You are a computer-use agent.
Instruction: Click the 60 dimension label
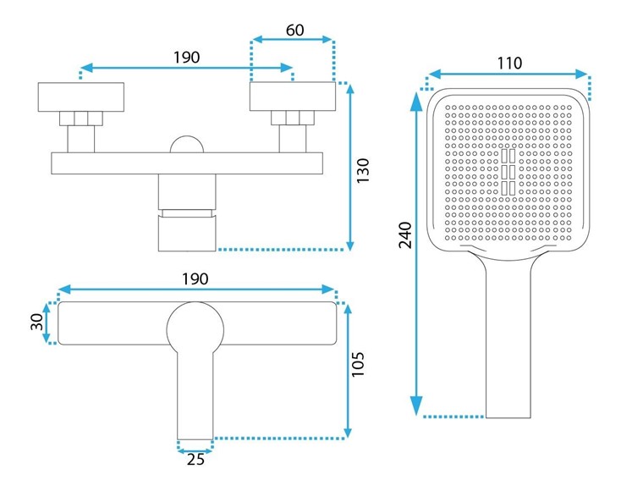tap(294, 30)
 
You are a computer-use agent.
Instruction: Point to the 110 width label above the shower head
tap(509, 62)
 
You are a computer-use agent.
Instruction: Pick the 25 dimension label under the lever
tap(195, 461)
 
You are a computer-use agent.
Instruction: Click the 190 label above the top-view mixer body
tap(195, 279)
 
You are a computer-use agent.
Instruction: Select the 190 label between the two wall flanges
tap(186, 58)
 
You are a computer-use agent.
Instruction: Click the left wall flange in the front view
tap(81, 97)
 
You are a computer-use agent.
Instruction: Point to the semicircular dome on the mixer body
tap(187, 144)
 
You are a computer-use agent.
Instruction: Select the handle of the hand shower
tap(508, 339)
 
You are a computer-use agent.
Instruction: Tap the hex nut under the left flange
tap(81, 119)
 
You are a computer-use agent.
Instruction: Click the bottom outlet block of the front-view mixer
tap(187, 233)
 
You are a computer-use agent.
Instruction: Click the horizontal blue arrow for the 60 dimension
tap(294, 38)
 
